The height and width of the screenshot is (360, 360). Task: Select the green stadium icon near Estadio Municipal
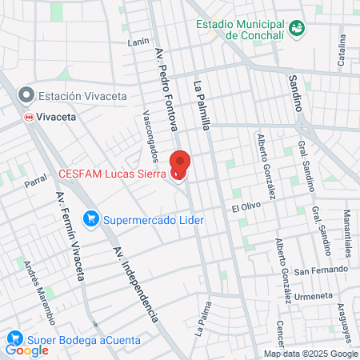[298, 28]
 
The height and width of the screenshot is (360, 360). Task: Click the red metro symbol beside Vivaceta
[28, 116]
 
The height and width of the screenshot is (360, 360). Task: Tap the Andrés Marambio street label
[38, 290]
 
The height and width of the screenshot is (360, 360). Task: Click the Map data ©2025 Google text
[311, 354]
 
